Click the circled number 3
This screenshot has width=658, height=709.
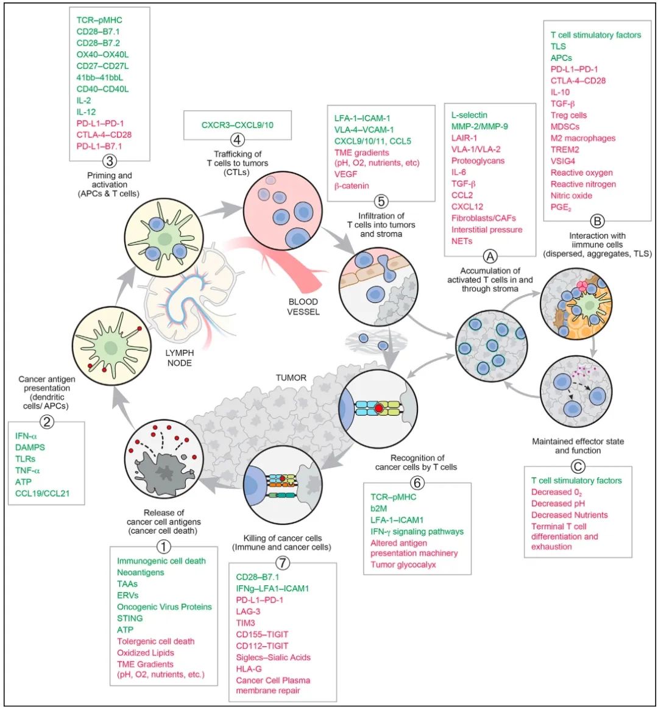pos(110,162)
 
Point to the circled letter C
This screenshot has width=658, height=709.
pos(578,467)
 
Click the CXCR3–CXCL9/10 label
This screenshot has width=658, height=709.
pos(238,125)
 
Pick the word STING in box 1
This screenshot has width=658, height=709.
pos(130,618)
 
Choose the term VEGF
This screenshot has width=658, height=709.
pos(346,174)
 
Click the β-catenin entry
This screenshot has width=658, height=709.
pos(352,185)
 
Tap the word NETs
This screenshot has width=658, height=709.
pos(462,241)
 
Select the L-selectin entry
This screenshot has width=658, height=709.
pos(469,115)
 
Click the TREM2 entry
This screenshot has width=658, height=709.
pos(565,149)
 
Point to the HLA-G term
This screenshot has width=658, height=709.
pos(249,669)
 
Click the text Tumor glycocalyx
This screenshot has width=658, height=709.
pos(403,565)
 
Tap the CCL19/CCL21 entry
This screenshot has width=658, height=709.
pos(43,493)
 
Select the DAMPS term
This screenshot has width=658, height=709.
pos(30,447)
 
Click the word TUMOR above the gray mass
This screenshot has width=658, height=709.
pos(291,378)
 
